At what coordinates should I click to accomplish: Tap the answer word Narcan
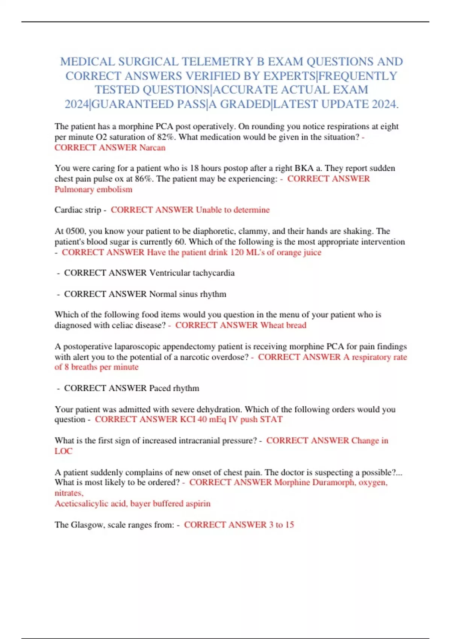coord(152,147)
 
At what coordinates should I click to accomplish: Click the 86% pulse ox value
coord(144,179)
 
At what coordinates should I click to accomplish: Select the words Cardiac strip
coord(78,210)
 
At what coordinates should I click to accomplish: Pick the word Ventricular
coord(170,273)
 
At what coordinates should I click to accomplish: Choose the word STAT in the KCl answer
coord(271,419)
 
